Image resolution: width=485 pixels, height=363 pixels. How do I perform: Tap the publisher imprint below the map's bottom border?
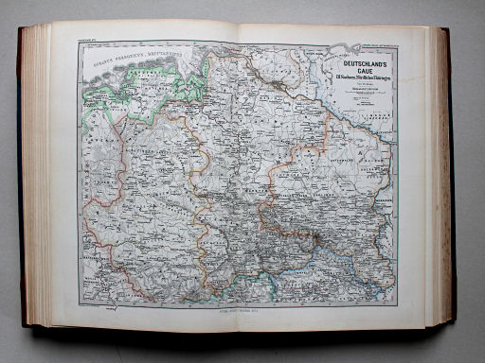(x=241, y=308)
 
